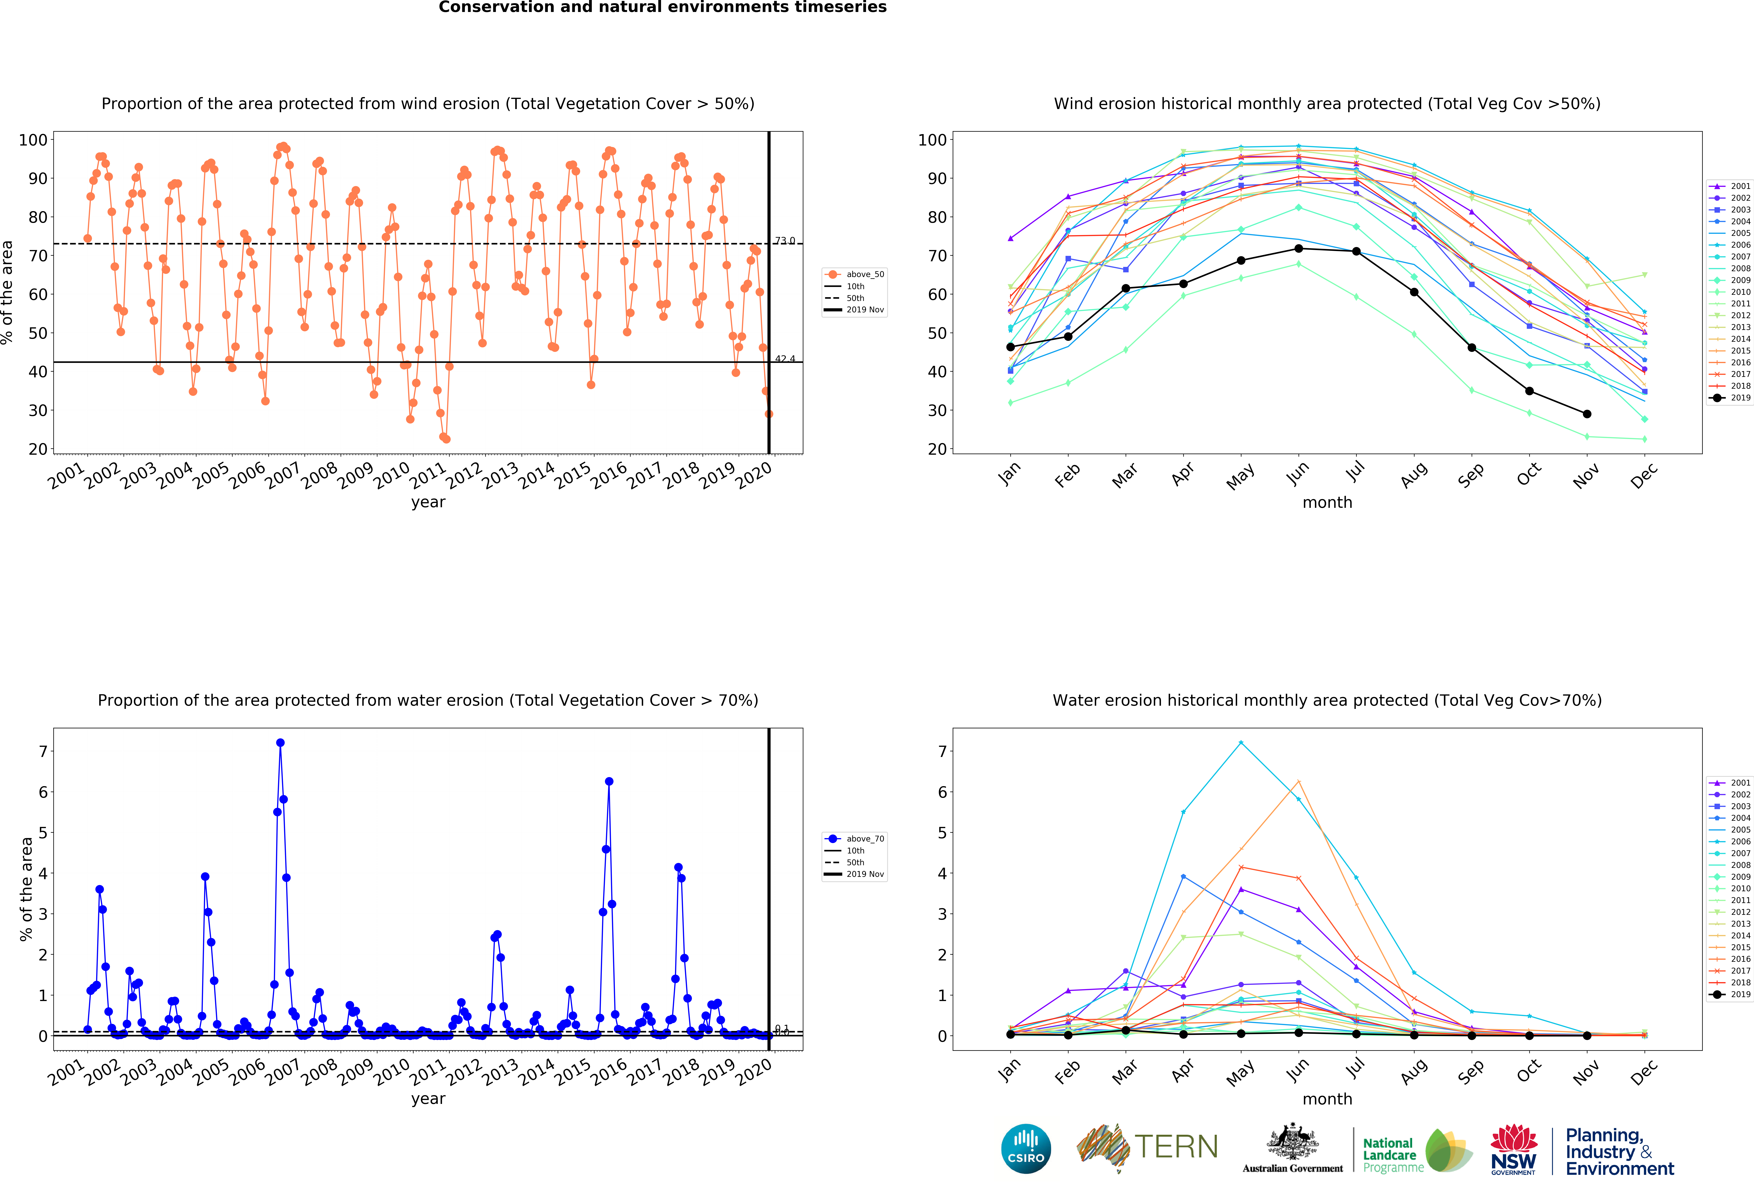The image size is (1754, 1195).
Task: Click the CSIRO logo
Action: pos(1026,1149)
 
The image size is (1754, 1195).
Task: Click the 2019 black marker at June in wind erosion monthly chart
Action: pos(1298,249)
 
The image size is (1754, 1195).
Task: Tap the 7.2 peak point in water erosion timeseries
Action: pos(280,743)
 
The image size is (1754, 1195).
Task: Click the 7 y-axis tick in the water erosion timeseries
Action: pos(43,751)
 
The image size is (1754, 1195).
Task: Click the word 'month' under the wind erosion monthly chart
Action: pos(1327,502)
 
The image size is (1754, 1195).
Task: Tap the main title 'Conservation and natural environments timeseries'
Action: pos(663,7)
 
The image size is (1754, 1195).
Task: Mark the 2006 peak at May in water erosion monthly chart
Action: pos(1241,743)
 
